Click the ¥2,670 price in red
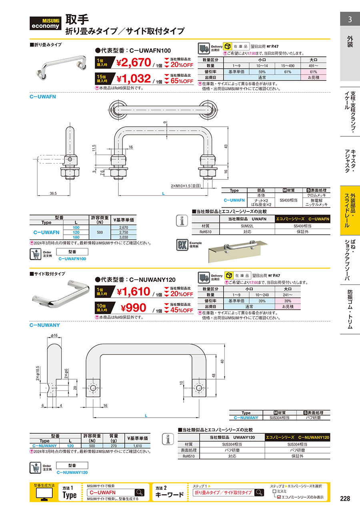[x=133, y=62]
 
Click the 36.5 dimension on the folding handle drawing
[x=53, y=193]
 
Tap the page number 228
[x=345, y=498]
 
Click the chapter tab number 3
[x=350, y=19]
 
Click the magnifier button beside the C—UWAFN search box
[x=140, y=492]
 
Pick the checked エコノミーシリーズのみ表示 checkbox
[x=279, y=497]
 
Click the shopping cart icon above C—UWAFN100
[x=37, y=254]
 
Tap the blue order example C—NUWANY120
[x=72, y=472]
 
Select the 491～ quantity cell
[x=314, y=66]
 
